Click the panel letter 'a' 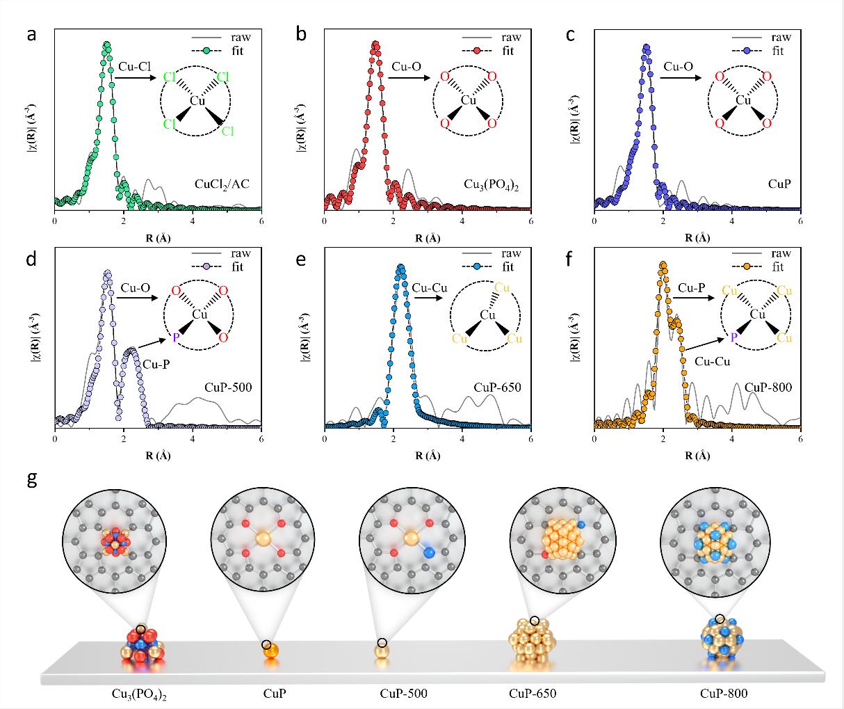tap(31, 35)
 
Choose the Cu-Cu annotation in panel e tap(428, 287)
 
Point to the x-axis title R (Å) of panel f tap(697, 456)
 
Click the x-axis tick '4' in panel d tap(193, 440)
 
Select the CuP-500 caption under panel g tap(403, 694)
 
